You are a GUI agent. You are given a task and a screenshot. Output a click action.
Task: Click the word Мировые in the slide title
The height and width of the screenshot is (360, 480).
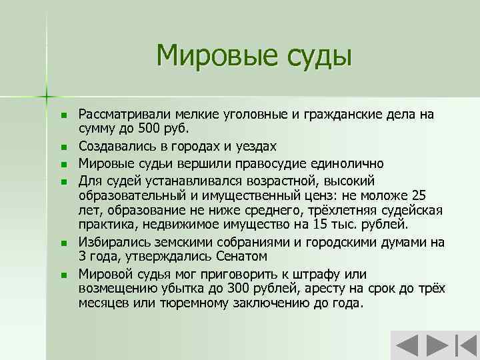209,54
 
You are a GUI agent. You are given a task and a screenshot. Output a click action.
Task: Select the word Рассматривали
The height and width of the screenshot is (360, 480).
123,114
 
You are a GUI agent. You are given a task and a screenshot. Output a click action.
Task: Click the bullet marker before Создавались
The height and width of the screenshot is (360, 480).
64,146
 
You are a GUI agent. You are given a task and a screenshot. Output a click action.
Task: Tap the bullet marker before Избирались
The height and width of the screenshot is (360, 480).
64,243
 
